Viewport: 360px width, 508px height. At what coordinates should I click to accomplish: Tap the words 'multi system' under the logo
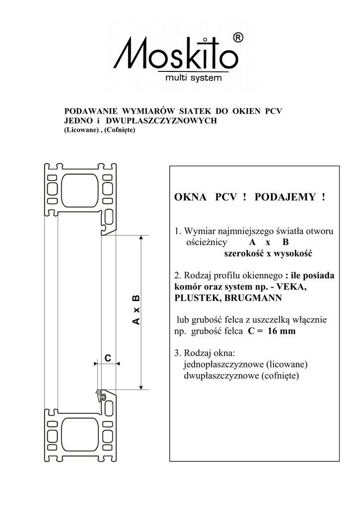coord(194,78)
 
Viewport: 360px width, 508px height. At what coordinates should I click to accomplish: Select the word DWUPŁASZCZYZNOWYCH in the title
coord(167,121)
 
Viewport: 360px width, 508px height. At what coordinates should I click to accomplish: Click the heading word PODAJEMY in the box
coord(285,197)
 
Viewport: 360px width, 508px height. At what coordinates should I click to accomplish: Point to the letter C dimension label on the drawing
coord(107,357)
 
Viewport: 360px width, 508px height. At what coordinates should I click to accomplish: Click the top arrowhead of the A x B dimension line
coord(142,238)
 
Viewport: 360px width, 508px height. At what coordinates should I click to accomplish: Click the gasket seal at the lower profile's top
coord(101,396)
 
